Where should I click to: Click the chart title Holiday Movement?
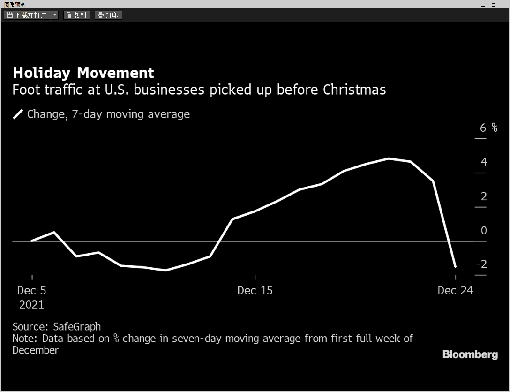pyautogui.click(x=83, y=73)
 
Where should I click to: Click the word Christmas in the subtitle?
pyautogui.click(x=354, y=90)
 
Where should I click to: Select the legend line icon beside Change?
pyautogui.click(x=18, y=114)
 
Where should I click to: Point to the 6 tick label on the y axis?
pyautogui.click(x=483, y=128)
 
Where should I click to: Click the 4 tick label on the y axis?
pyautogui.click(x=484, y=162)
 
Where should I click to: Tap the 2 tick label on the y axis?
pyautogui.click(x=484, y=196)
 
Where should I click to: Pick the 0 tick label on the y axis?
pyautogui.click(x=484, y=230)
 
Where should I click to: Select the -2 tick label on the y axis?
pyautogui.click(x=481, y=264)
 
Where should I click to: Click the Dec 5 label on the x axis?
pyautogui.click(x=32, y=290)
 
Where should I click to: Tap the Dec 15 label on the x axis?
pyautogui.click(x=255, y=290)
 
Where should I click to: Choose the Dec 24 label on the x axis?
pyautogui.click(x=455, y=290)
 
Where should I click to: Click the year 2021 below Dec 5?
pyautogui.click(x=32, y=305)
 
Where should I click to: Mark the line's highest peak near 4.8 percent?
pyautogui.click(x=389, y=158)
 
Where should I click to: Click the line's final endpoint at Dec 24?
pyautogui.click(x=455, y=266)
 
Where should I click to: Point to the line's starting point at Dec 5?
pyautogui.click(x=32, y=241)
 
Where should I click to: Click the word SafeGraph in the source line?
pyautogui.click(x=77, y=327)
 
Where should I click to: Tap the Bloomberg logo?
pyautogui.click(x=470, y=354)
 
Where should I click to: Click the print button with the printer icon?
pyautogui.click(x=108, y=15)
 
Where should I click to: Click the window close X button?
pyautogui.click(x=503, y=5)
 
